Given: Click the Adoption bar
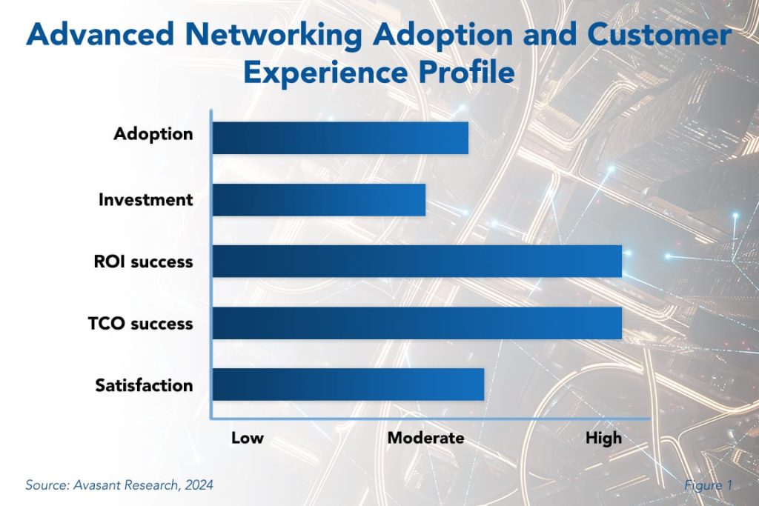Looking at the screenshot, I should (x=340, y=138).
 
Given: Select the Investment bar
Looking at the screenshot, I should (x=319, y=199).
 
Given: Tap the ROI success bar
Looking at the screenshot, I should (x=417, y=261).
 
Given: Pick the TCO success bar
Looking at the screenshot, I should (x=417, y=323).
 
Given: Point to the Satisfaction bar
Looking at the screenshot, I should (x=348, y=385).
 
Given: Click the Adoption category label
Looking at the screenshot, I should (x=153, y=134).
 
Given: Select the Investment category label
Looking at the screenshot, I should (x=145, y=199).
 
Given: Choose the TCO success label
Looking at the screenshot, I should (x=145, y=324).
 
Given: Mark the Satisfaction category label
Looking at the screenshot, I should (x=144, y=385).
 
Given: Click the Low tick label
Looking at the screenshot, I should (x=247, y=438).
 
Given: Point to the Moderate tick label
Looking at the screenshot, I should (x=425, y=438).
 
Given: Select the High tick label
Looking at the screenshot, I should (x=603, y=438).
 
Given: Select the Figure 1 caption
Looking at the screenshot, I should (x=709, y=485).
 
